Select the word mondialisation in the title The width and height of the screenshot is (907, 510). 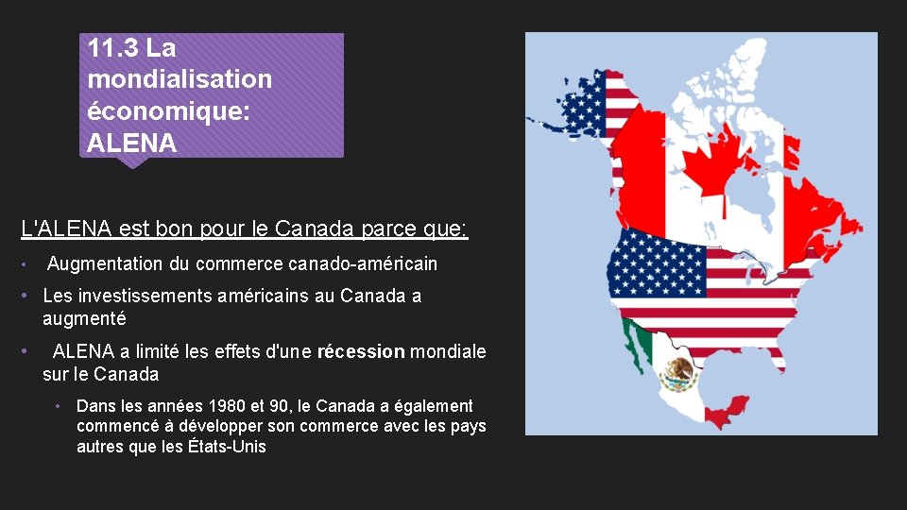(x=180, y=79)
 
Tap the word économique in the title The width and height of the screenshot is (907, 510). (x=165, y=111)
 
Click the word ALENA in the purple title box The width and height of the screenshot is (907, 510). (x=131, y=144)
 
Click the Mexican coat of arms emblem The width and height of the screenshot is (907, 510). (x=678, y=374)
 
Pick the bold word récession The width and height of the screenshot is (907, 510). (x=361, y=352)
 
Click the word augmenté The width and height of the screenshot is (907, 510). (x=84, y=318)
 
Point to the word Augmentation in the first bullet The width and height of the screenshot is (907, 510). (x=106, y=263)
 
